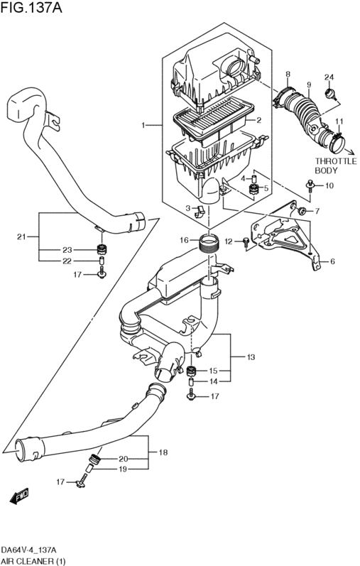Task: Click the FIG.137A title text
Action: click(x=31, y=8)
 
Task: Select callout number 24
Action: click(x=329, y=77)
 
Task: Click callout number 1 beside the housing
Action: click(x=143, y=125)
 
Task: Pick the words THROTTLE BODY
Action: click(x=336, y=165)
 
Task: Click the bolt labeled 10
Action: click(x=310, y=185)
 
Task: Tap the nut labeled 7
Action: click(x=301, y=209)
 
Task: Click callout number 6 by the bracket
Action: click(x=332, y=261)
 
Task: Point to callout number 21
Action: click(x=22, y=236)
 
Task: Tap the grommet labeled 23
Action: click(x=102, y=249)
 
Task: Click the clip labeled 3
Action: click(x=199, y=212)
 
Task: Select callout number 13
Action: click(x=251, y=357)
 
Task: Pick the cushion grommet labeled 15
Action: click(x=191, y=371)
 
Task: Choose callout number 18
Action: click(x=163, y=452)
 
